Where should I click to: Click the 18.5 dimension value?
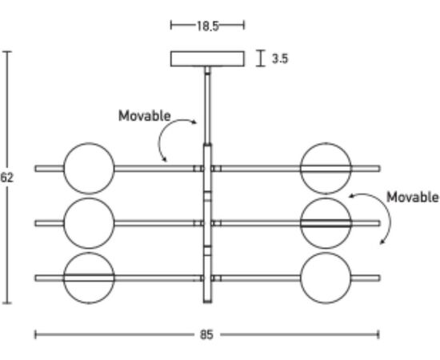pyautogui.click(x=207, y=26)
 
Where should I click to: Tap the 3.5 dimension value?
pyautogui.click(x=280, y=58)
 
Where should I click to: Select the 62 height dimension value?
pyautogui.click(x=6, y=178)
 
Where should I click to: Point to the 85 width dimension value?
pyautogui.click(x=207, y=334)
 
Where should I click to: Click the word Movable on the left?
pyautogui.click(x=145, y=116)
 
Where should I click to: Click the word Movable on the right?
pyautogui.click(x=413, y=197)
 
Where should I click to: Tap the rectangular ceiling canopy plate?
pyautogui.click(x=207, y=58)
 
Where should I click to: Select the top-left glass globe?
pyautogui.click(x=89, y=168)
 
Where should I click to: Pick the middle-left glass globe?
pyautogui.click(x=89, y=223)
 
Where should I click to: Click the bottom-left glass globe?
pyautogui.click(x=89, y=278)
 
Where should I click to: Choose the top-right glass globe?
pyautogui.click(x=326, y=168)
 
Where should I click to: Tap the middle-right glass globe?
pyautogui.click(x=326, y=223)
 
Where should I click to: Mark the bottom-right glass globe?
pyautogui.click(x=326, y=278)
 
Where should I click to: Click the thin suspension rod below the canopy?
pyautogui.click(x=207, y=106)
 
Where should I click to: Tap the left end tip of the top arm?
pyautogui.click(x=35, y=168)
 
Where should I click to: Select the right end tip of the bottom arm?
pyautogui.click(x=380, y=278)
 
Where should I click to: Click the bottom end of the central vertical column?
pyautogui.click(x=207, y=302)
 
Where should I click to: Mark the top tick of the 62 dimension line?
pyautogui.click(x=7, y=52)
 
